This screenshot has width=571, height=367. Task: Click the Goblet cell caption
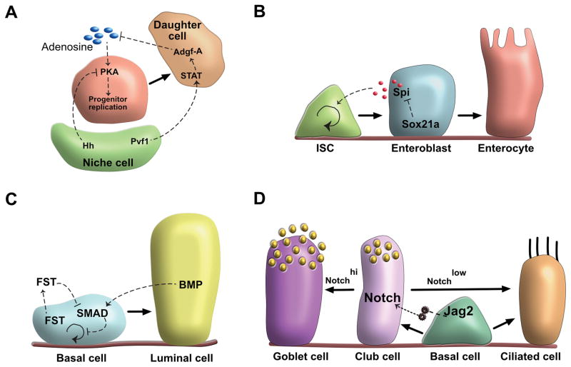289,355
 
